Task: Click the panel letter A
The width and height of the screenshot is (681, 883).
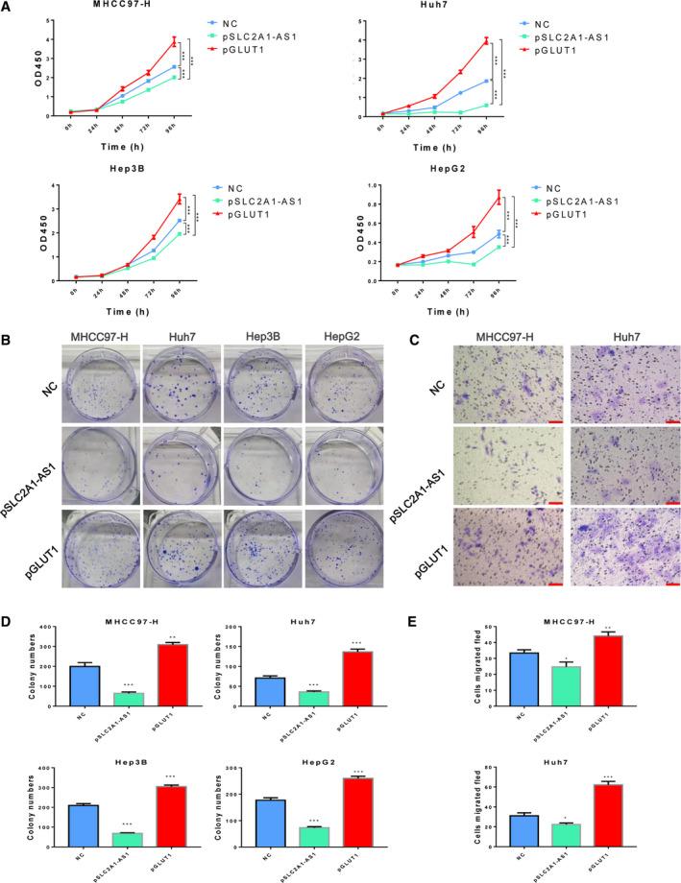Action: pyautogui.click(x=9, y=9)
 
